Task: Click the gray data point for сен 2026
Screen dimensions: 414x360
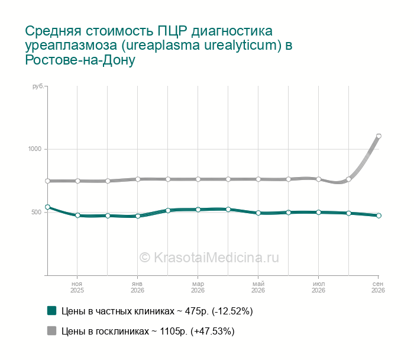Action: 379,136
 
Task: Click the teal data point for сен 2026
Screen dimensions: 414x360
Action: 379,216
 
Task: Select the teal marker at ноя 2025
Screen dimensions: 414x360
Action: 77,216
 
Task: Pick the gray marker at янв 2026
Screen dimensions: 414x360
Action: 138,179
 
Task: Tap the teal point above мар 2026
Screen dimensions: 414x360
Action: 198,210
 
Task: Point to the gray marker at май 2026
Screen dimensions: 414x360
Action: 258,179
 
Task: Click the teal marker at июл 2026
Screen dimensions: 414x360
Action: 318,212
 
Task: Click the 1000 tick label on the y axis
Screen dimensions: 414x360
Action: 35,149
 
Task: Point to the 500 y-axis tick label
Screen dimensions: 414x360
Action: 37,212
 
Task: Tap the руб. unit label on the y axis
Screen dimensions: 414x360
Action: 38,86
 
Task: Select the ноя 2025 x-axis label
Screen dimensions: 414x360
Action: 77,287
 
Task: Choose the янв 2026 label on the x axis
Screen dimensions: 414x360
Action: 137,287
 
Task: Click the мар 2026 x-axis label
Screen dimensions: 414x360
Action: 198,287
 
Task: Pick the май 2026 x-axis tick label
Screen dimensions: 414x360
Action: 258,287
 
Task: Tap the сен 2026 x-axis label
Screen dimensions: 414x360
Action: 378,287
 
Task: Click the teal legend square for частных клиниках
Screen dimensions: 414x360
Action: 52,311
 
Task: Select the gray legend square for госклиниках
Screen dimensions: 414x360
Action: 52,330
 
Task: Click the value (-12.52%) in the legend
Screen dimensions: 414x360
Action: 232,311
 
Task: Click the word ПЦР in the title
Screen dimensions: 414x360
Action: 173,31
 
